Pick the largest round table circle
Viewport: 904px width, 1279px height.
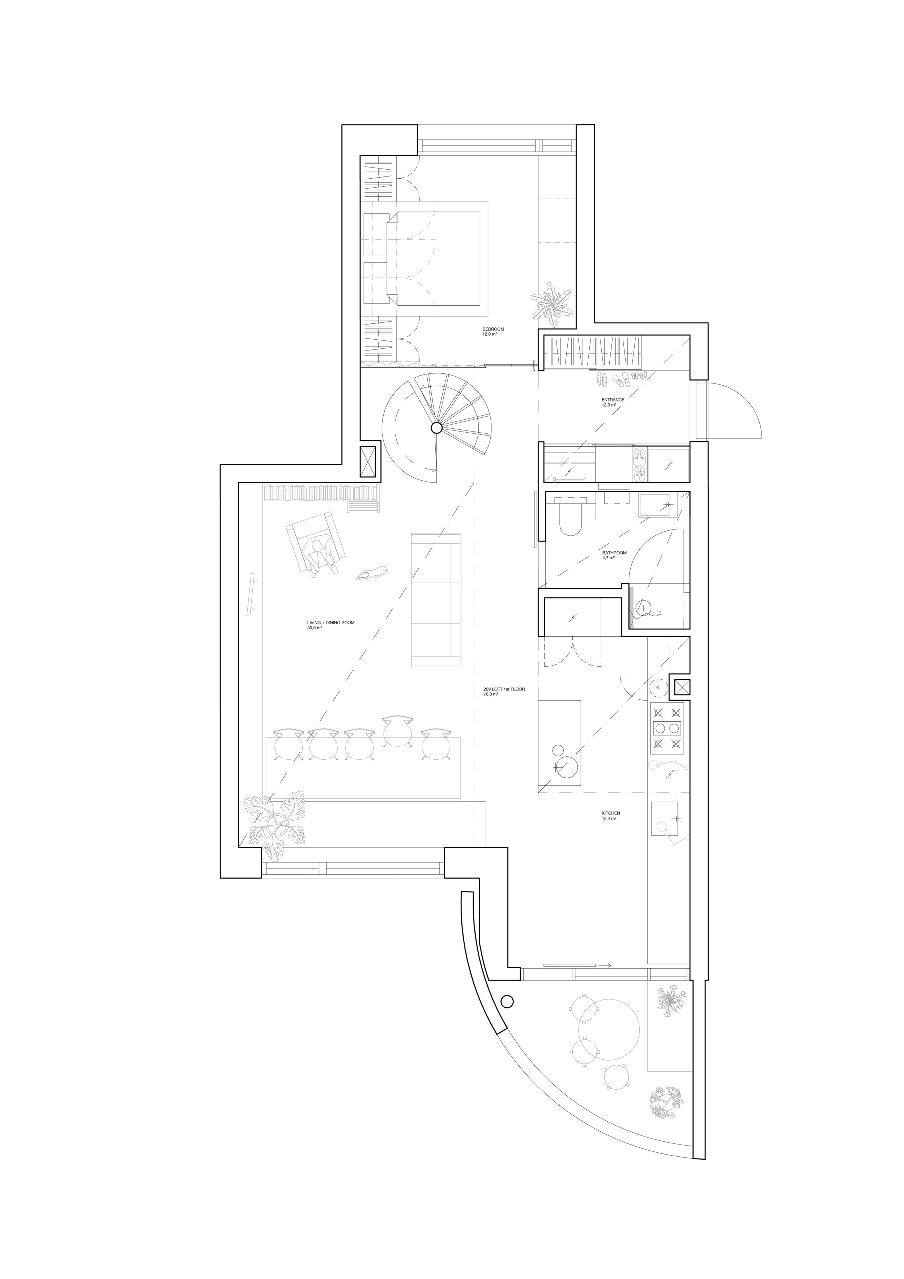609,1029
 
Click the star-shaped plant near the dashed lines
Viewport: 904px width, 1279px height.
551,305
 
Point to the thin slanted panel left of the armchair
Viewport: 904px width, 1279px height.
251,594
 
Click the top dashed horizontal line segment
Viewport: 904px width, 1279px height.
557,199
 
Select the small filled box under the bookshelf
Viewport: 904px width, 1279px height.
363,507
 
